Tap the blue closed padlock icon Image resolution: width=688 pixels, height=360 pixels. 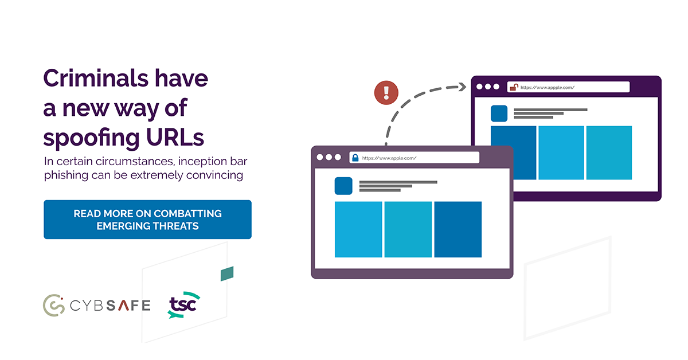point(355,157)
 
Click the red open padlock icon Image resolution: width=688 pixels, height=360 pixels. point(514,87)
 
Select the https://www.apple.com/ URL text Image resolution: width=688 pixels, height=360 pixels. point(389,158)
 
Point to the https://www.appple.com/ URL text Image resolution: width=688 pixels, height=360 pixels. point(548,88)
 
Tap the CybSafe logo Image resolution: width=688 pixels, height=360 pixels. point(96,304)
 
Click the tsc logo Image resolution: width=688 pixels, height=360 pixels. point(183,306)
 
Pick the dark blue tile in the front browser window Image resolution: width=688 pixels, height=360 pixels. point(458,229)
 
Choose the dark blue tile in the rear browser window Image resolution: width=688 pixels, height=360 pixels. point(513,152)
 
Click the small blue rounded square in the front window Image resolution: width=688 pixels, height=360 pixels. point(343,186)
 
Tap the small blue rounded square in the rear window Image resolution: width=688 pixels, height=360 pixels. point(499,113)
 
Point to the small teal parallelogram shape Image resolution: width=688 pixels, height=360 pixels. point(228,273)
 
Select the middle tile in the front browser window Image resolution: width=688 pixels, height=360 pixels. point(408,229)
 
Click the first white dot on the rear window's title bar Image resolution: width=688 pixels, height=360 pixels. point(479,87)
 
